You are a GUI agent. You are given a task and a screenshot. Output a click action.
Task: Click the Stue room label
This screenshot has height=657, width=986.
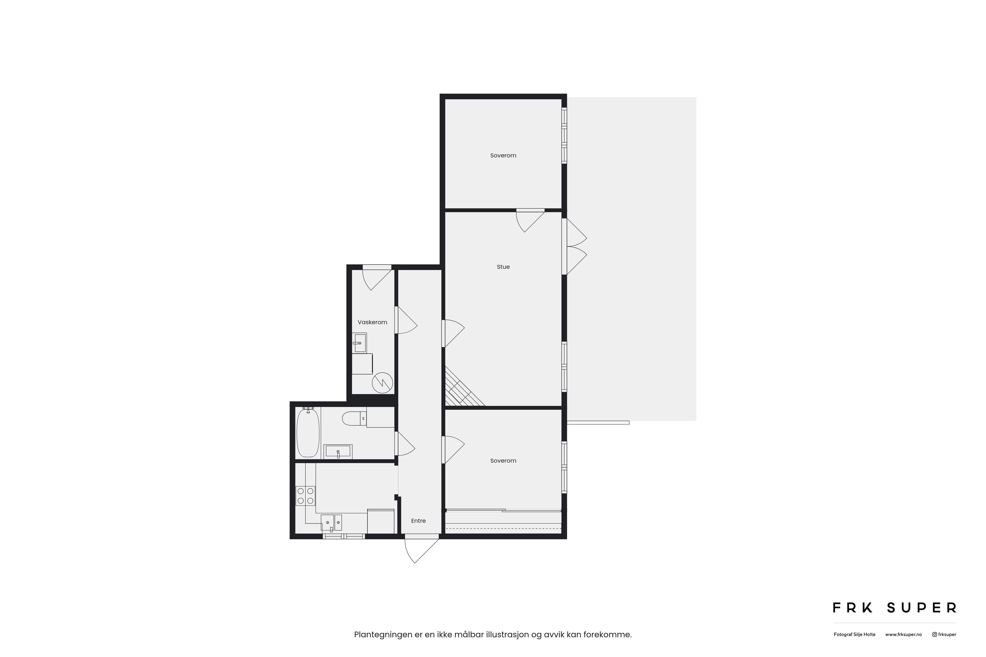pos(503,267)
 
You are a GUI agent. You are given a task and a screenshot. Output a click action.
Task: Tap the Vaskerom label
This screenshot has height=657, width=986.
pos(372,322)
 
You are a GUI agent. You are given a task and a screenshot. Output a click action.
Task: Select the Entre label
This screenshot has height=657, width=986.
pos(418,521)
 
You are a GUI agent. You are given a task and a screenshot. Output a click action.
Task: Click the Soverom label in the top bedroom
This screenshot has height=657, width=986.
pos(503,156)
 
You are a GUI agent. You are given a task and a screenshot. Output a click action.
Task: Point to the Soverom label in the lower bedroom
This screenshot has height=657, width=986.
pos(503,460)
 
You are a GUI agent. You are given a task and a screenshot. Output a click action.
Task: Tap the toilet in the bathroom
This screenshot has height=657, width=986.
pos(354,418)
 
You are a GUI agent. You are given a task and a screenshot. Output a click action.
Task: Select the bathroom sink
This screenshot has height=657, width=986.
pos(338,452)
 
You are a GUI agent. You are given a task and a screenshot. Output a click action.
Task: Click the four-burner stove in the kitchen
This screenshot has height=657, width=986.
pos(305,496)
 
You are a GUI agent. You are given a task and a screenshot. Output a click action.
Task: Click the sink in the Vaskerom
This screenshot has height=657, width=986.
pos(359,343)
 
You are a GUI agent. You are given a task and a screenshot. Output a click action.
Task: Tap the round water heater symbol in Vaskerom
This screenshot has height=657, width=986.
pos(382,383)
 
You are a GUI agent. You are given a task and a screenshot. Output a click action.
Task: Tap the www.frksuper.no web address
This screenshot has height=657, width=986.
pos(903,634)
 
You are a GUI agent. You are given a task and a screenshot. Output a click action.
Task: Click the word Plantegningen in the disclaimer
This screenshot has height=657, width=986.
pos(383,635)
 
